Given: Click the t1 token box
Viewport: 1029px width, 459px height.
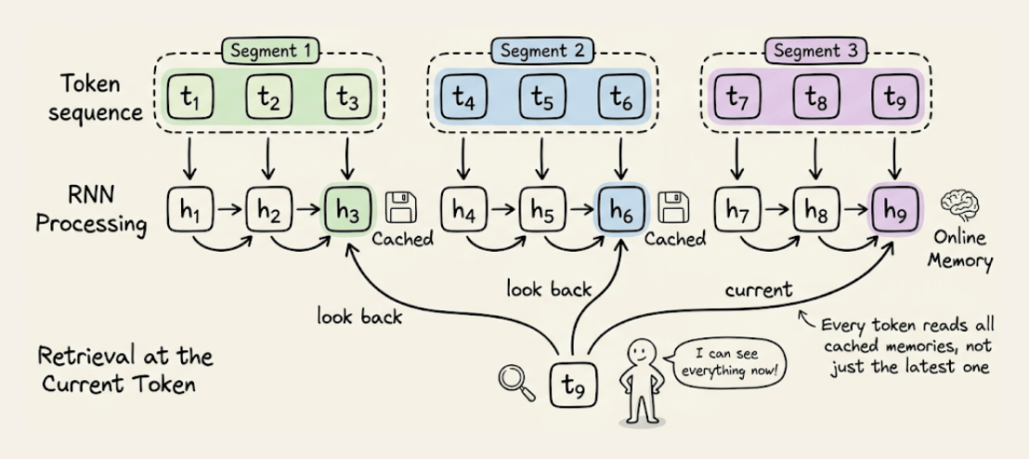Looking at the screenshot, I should pos(189,97).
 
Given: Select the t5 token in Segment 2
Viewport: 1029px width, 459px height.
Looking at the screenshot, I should pos(542,97).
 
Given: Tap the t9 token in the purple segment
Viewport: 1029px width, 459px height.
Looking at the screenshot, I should pos(893,97).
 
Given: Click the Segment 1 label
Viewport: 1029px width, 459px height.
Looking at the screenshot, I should pos(268,51).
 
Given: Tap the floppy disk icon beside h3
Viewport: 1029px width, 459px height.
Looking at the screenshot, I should pos(401,208).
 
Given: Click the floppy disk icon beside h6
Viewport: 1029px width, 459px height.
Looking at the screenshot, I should pos(671,208).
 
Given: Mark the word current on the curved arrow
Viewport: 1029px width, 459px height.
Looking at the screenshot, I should pos(759,291).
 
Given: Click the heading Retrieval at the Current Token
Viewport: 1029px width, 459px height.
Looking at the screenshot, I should pos(125,368).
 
